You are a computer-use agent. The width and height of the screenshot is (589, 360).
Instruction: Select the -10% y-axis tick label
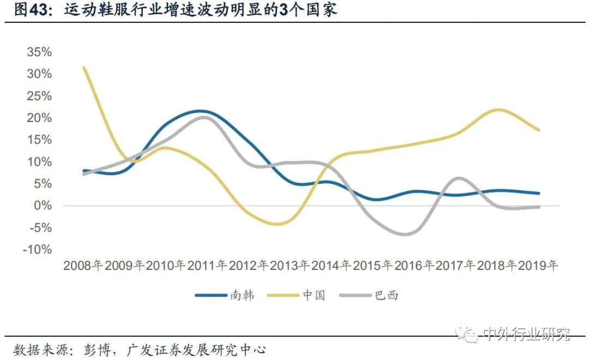pyautogui.click(x=37, y=249)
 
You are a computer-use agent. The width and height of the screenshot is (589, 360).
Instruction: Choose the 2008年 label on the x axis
pyautogui.click(x=83, y=266)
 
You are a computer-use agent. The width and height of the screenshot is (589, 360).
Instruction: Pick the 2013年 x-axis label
pyautogui.click(x=290, y=266)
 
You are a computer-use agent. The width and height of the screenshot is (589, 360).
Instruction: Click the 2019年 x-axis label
pyautogui.click(x=538, y=266)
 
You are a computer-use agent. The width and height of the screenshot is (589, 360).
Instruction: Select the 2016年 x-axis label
pyautogui.click(x=414, y=266)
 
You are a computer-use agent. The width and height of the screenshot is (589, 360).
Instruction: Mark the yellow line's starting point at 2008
pyautogui.click(x=83, y=67)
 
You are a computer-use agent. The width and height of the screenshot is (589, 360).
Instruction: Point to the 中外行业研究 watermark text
pyautogui.click(x=526, y=334)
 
